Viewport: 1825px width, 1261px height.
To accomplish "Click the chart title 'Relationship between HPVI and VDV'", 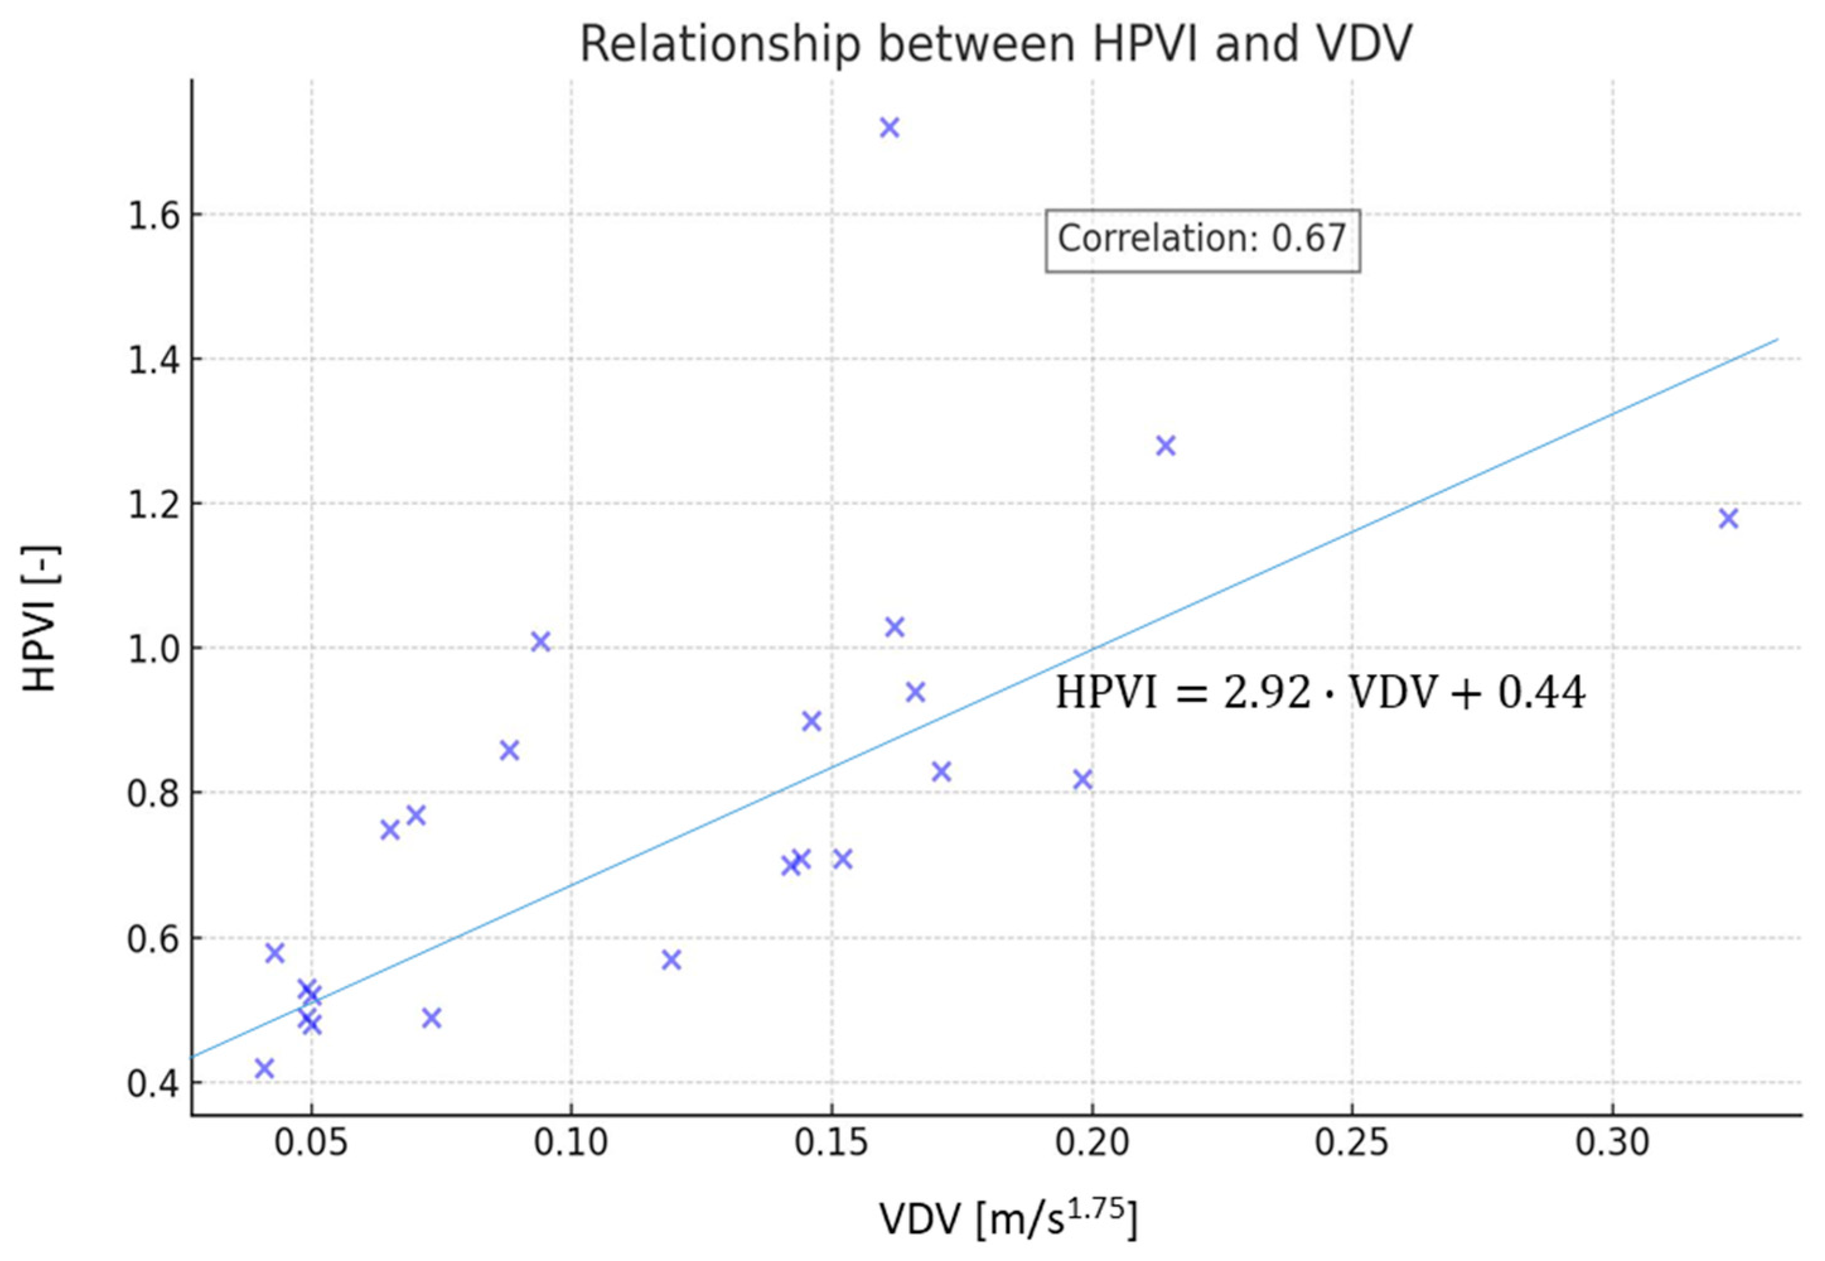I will click(x=995, y=44).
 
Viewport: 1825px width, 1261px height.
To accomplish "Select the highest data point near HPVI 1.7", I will click(x=889, y=127).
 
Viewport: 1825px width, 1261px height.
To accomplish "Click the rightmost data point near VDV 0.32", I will click(x=1729, y=518).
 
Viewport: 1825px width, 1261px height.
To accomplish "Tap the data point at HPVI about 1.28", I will click(x=1166, y=446).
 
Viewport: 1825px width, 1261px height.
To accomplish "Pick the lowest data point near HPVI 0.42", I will click(x=264, y=1068).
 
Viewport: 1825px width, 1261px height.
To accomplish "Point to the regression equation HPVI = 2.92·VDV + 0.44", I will click(x=1320, y=694).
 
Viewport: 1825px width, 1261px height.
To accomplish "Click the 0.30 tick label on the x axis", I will click(x=1613, y=1142).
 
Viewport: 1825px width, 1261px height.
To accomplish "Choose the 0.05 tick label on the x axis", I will click(x=311, y=1142).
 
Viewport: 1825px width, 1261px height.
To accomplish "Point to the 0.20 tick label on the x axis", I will click(x=1092, y=1142).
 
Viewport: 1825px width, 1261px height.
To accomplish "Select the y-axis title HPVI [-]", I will click(x=41, y=618).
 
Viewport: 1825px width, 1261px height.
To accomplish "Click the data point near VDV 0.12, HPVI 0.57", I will click(x=671, y=960).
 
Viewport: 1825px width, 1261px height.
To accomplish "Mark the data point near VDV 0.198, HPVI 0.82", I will click(x=1082, y=780).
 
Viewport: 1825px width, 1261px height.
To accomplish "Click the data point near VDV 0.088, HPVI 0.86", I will click(x=509, y=750).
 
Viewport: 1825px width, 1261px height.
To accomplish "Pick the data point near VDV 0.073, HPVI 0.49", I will click(x=431, y=1018).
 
